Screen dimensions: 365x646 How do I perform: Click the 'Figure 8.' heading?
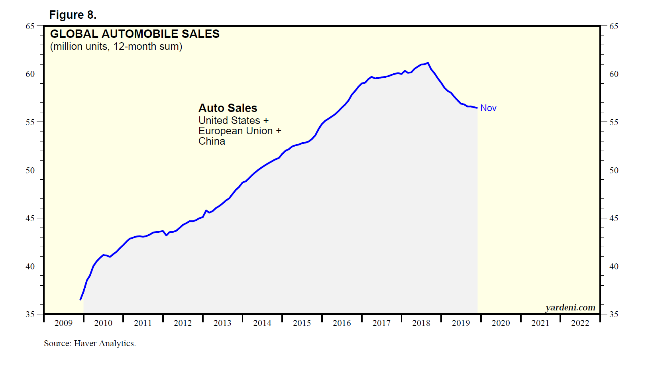(x=73, y=15)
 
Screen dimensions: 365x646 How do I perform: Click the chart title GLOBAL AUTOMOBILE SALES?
(x=135, y=34)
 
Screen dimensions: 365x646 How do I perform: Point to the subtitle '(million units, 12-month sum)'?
(x=116, y=47)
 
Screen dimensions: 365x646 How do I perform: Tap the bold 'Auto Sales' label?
(x=228, y=108)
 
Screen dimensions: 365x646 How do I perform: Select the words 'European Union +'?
(x=240, y=131)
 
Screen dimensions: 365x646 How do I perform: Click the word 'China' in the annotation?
(x=212, y=141)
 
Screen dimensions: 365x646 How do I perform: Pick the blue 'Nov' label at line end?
(x=488, y=108)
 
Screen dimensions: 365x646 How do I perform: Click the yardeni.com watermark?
(x=570, y=308)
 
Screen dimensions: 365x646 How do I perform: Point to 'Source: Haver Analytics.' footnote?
(x=90, y=343)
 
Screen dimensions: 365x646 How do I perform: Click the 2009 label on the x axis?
(x=63, y=323)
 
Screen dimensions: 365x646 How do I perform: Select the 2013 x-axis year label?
(x=222, y=323)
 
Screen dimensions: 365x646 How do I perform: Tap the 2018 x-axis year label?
(x=421, y=323)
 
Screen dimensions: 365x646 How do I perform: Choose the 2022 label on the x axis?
(x=580, y=323)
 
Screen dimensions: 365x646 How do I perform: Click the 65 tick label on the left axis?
(x=30, y=26)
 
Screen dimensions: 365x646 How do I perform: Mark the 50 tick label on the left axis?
(x=30, y=171)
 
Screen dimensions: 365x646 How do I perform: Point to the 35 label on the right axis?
(x=614, y=314)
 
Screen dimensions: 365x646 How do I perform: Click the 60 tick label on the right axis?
(x=614, y=74)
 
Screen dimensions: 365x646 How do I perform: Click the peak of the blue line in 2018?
(x=428, y=63)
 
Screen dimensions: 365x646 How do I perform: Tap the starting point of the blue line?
(x=81, y=300)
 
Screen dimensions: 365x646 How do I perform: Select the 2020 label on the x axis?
(x=501, y=323)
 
